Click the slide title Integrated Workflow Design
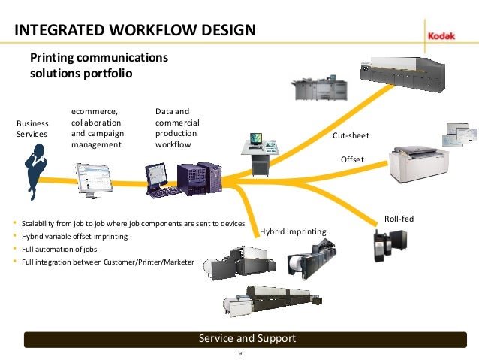[135, 30]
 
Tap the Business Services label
[32, 129]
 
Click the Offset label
[352, 159]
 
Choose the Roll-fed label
[399, 219]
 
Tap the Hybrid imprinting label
[293, 231]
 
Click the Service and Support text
[246, 339]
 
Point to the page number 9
[239, 353]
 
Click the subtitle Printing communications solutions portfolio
[98, 65]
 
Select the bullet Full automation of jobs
[60, 249]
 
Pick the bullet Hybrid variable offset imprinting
[75, 236]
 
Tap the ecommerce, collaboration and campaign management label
[98, 128]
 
